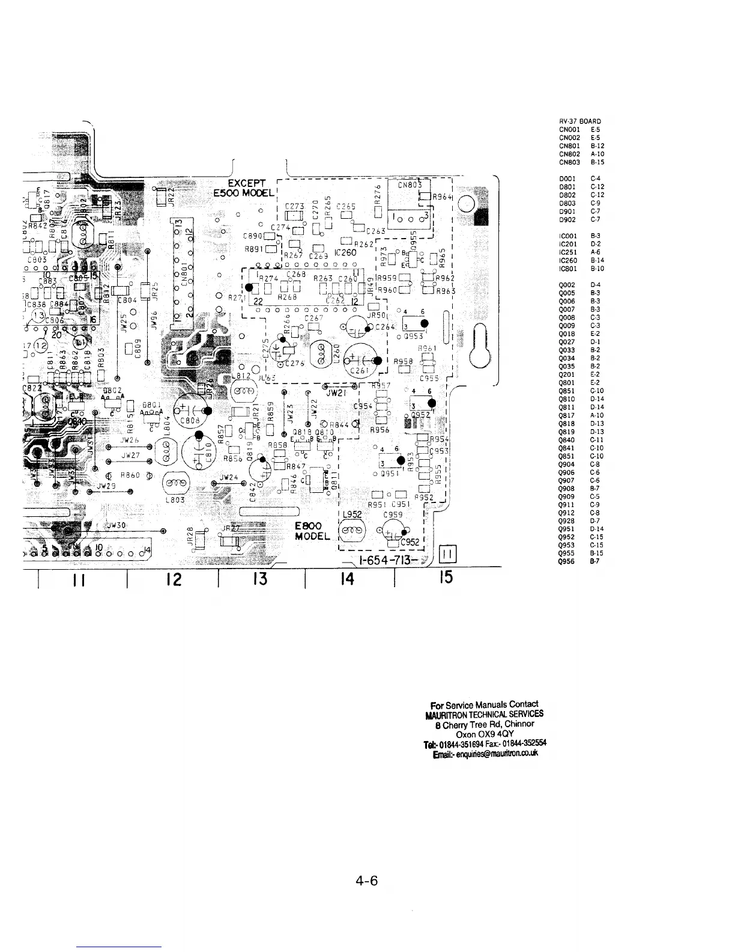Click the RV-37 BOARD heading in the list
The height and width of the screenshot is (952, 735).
tap(579, 121)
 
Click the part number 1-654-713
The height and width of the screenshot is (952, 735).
tap(387, 561)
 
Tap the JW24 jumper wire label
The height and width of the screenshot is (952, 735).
tap(229, 478)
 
